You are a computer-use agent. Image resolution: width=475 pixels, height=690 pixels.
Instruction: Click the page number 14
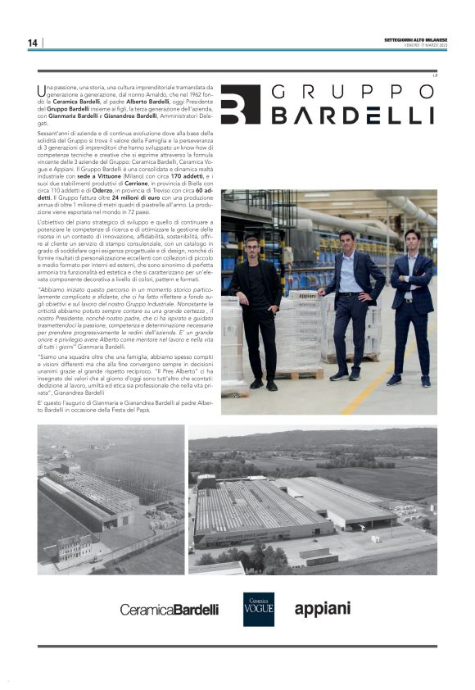coord(32,43)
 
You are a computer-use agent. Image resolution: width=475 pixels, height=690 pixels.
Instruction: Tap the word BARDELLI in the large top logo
coord(353,116)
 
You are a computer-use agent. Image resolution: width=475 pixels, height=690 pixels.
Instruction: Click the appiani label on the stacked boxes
coord(302,318)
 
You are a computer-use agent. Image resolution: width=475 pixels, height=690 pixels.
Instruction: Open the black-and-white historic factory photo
coord(110,499)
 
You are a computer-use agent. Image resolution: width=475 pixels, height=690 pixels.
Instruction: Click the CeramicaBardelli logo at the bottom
coord(169,610)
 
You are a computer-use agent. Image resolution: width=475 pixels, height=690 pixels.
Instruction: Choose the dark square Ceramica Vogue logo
coord(258,609)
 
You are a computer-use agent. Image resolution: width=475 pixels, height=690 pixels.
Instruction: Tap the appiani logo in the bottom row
coord(322,608)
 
